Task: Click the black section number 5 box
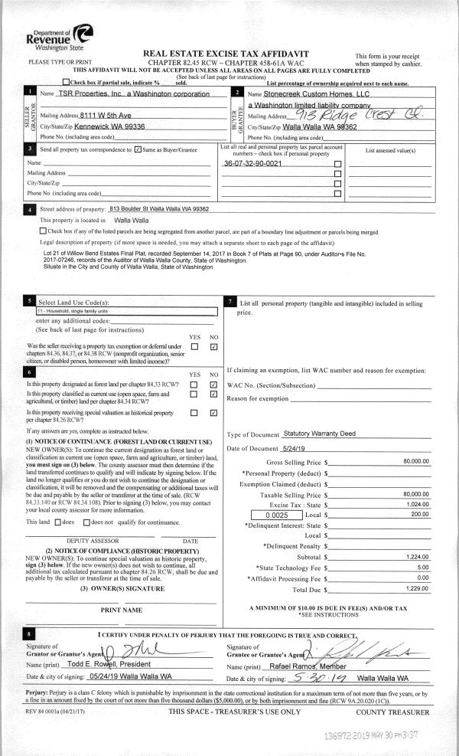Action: [29, 303]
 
